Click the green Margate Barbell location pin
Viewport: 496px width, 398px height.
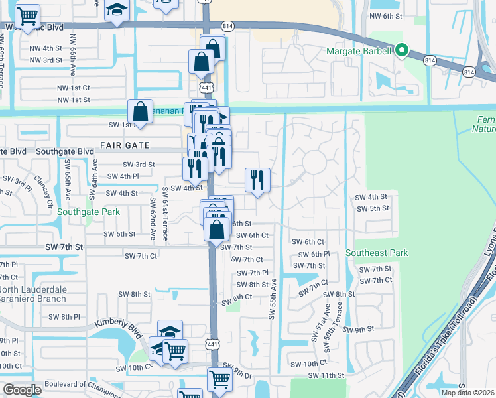(x=401, y=50)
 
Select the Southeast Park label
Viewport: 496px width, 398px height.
(x=377, y=253)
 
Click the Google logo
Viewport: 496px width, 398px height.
(x=23, y=390)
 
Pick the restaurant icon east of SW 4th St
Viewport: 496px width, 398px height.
(x=257, y=180)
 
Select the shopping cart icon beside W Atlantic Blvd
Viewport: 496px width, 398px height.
(x=27, y=15)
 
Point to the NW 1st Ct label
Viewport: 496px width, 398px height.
(x=73, y=88)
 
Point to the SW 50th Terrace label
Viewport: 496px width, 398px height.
(x=340, y=323)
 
